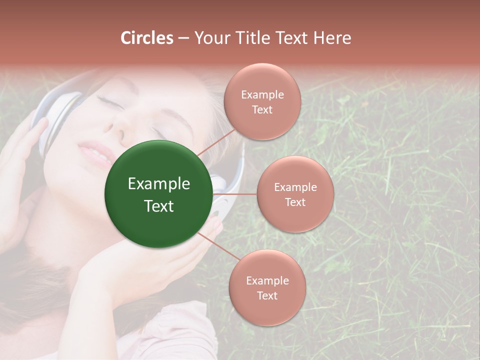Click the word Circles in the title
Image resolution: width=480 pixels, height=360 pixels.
[147, 38]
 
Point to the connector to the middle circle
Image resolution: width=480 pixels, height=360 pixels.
[235, 194]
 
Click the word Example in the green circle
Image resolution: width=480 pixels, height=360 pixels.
[159, 184]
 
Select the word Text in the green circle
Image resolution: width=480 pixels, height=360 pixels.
[159, 206]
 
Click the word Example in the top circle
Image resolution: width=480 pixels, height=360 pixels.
[262, 94]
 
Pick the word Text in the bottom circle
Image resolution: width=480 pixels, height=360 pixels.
[267, 295]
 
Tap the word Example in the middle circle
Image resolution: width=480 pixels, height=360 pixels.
[295, 187]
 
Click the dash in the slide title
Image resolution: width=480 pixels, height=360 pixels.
[183, 38]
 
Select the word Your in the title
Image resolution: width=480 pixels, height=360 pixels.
[210, 38]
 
